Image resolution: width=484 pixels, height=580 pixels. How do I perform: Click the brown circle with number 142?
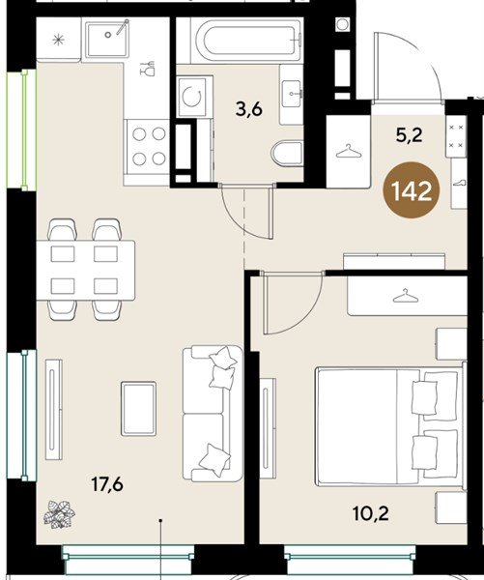point(412,190)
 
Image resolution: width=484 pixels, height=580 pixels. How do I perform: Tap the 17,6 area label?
point(107,484)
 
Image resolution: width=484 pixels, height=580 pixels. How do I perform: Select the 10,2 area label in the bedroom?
point(371,513)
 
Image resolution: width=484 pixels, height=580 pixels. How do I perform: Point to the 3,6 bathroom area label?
point(249,109)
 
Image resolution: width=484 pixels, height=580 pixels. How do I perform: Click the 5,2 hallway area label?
point(409,135)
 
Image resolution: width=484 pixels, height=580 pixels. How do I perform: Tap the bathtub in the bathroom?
point(247,41)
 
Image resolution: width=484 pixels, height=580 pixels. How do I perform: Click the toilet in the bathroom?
point(288,153)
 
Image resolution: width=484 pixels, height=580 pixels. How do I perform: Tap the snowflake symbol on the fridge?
point(58,40)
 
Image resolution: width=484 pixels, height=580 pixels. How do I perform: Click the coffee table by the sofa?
point(139,408)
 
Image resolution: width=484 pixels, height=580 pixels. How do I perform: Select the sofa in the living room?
point(213,413)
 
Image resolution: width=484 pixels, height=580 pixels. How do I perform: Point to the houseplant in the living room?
point(59,514)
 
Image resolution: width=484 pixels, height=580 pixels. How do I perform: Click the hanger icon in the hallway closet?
point(349,152)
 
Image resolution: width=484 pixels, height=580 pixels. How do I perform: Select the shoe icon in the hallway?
point(459,183)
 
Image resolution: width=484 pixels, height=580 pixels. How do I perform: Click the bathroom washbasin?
point(292,94)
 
